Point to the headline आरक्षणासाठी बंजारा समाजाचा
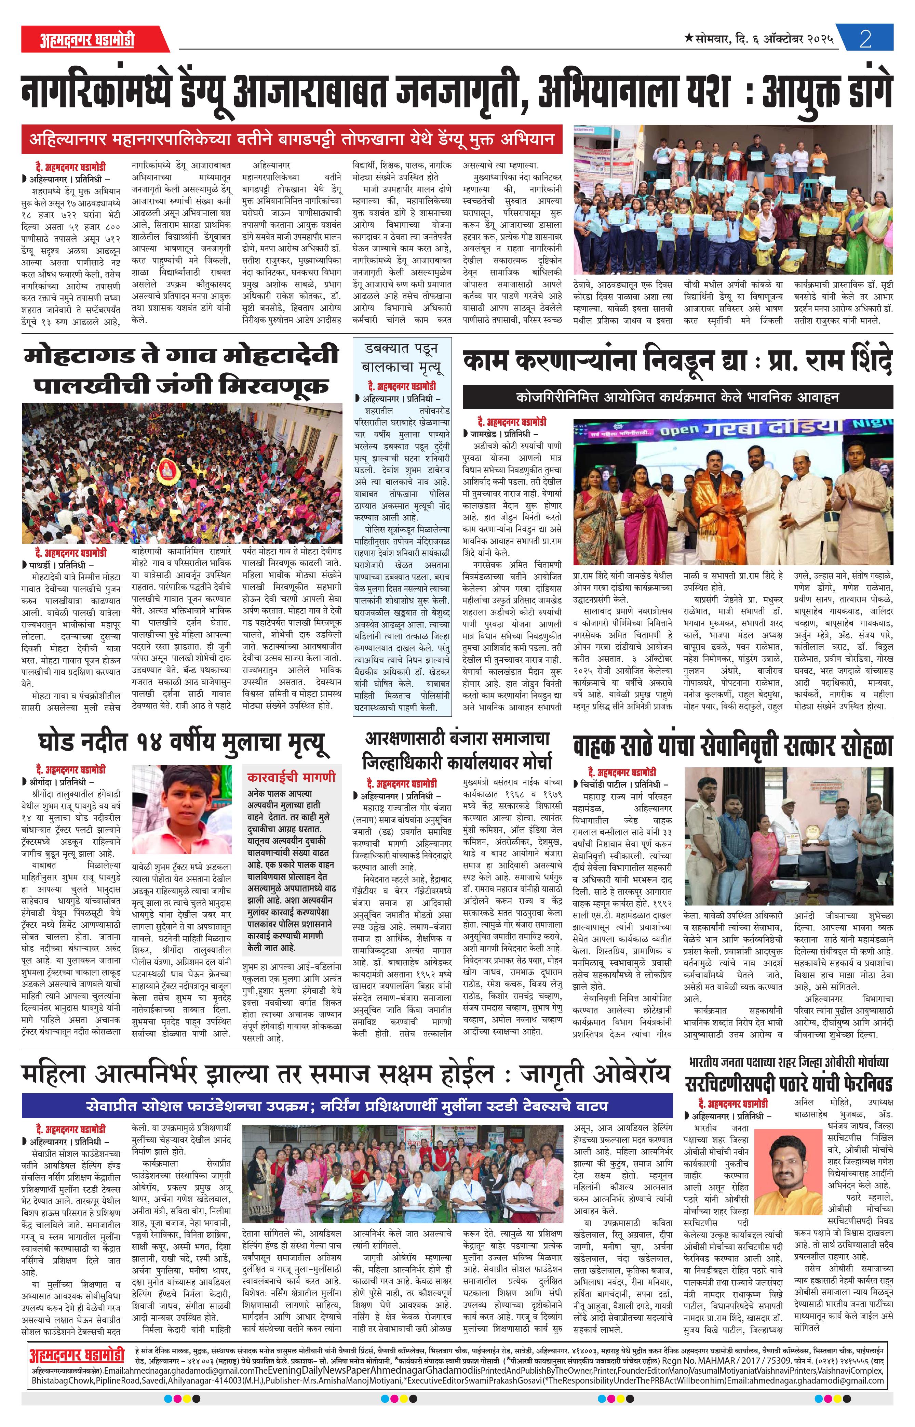(x=457, y=739)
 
